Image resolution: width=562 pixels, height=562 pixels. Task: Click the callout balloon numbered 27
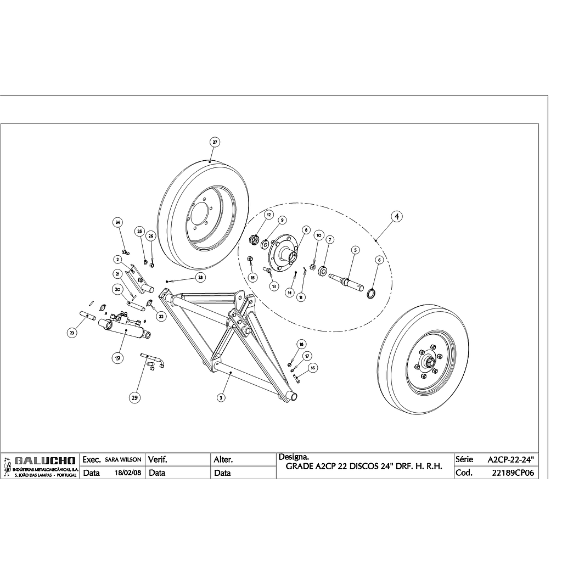215,142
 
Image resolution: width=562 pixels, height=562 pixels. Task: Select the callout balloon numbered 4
397,216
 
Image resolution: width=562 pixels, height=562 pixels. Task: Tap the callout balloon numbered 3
221,397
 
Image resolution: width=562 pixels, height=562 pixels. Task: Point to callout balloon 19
117,358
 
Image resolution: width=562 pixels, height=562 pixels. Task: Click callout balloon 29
134,398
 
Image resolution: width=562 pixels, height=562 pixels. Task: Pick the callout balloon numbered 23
72,332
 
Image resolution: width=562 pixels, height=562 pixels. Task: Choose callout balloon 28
200,278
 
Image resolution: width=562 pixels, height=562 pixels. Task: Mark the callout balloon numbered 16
312,367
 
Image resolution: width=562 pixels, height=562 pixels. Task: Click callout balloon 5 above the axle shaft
355,250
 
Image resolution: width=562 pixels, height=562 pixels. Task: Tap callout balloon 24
117,222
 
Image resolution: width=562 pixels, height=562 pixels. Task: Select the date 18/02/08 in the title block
125,473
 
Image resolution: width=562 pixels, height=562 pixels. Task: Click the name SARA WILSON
123,459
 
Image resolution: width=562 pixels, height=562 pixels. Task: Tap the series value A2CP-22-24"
510,459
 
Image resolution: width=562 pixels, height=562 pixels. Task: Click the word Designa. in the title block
294,456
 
